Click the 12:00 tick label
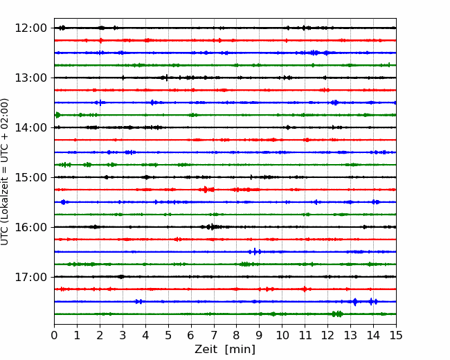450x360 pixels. (x=30, y=28)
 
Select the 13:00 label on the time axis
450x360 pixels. (x=30, y=78)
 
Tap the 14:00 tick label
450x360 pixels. (x=30, y=127)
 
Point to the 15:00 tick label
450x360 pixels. (x=30, y=177)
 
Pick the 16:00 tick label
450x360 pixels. (x=30, y=227)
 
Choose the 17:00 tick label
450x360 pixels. (x=30, y=277)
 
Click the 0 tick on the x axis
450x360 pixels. (x=54, y=335)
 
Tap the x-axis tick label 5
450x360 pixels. (x=168, y=335)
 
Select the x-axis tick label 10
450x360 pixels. (x=282, y=335)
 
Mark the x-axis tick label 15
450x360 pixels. (x=396, y=335)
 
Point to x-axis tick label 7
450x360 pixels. (x=214, y=335)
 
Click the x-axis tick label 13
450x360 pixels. (x=350, y=335)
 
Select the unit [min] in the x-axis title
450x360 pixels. (x=240, y=350)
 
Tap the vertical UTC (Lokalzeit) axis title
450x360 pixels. (x=5, y=172)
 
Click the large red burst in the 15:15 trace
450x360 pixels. (x=206, y=190)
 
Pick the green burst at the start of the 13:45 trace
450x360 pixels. (x=57, y=115)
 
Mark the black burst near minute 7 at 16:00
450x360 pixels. (x=212, y=227)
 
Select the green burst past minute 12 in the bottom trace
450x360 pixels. (x=337, y=314)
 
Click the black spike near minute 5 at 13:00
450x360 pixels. (x=166, y=78)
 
